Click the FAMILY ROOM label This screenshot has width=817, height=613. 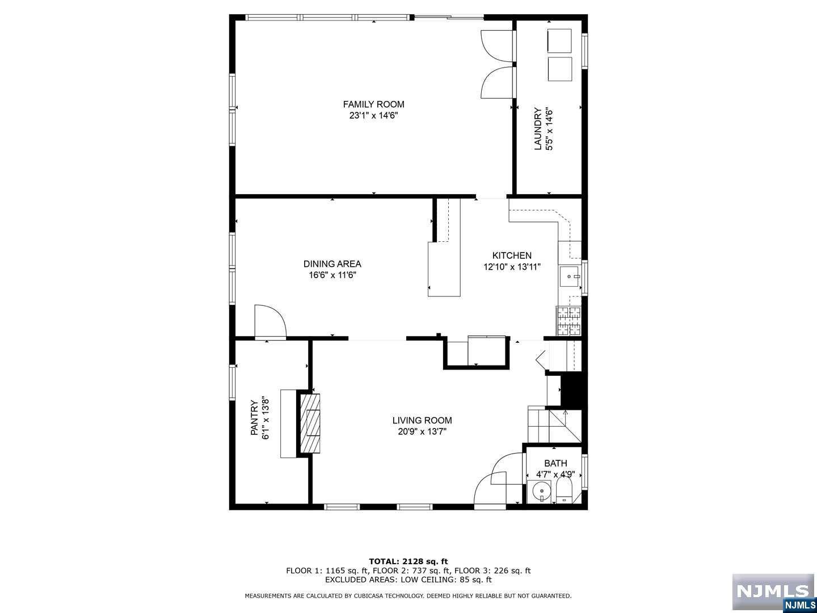coord(373,104)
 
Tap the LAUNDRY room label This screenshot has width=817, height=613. coord(537,129)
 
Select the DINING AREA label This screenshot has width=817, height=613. coord(332,264)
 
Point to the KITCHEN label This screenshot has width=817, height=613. coord(512,255)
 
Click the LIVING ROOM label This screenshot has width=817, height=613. coord(422,420)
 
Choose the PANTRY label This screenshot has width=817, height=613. coord(254,418)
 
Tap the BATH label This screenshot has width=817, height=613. coord(555,463)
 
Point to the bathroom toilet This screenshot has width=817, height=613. coord(565,490)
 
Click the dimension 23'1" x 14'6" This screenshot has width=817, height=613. coord(373,115)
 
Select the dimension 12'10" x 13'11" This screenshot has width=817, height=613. coord(512,267)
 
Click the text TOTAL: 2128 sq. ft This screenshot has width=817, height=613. coord(408,561)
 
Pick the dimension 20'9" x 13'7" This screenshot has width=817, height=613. coord(422,431)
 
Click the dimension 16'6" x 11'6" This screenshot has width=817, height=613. coord(332,275)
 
